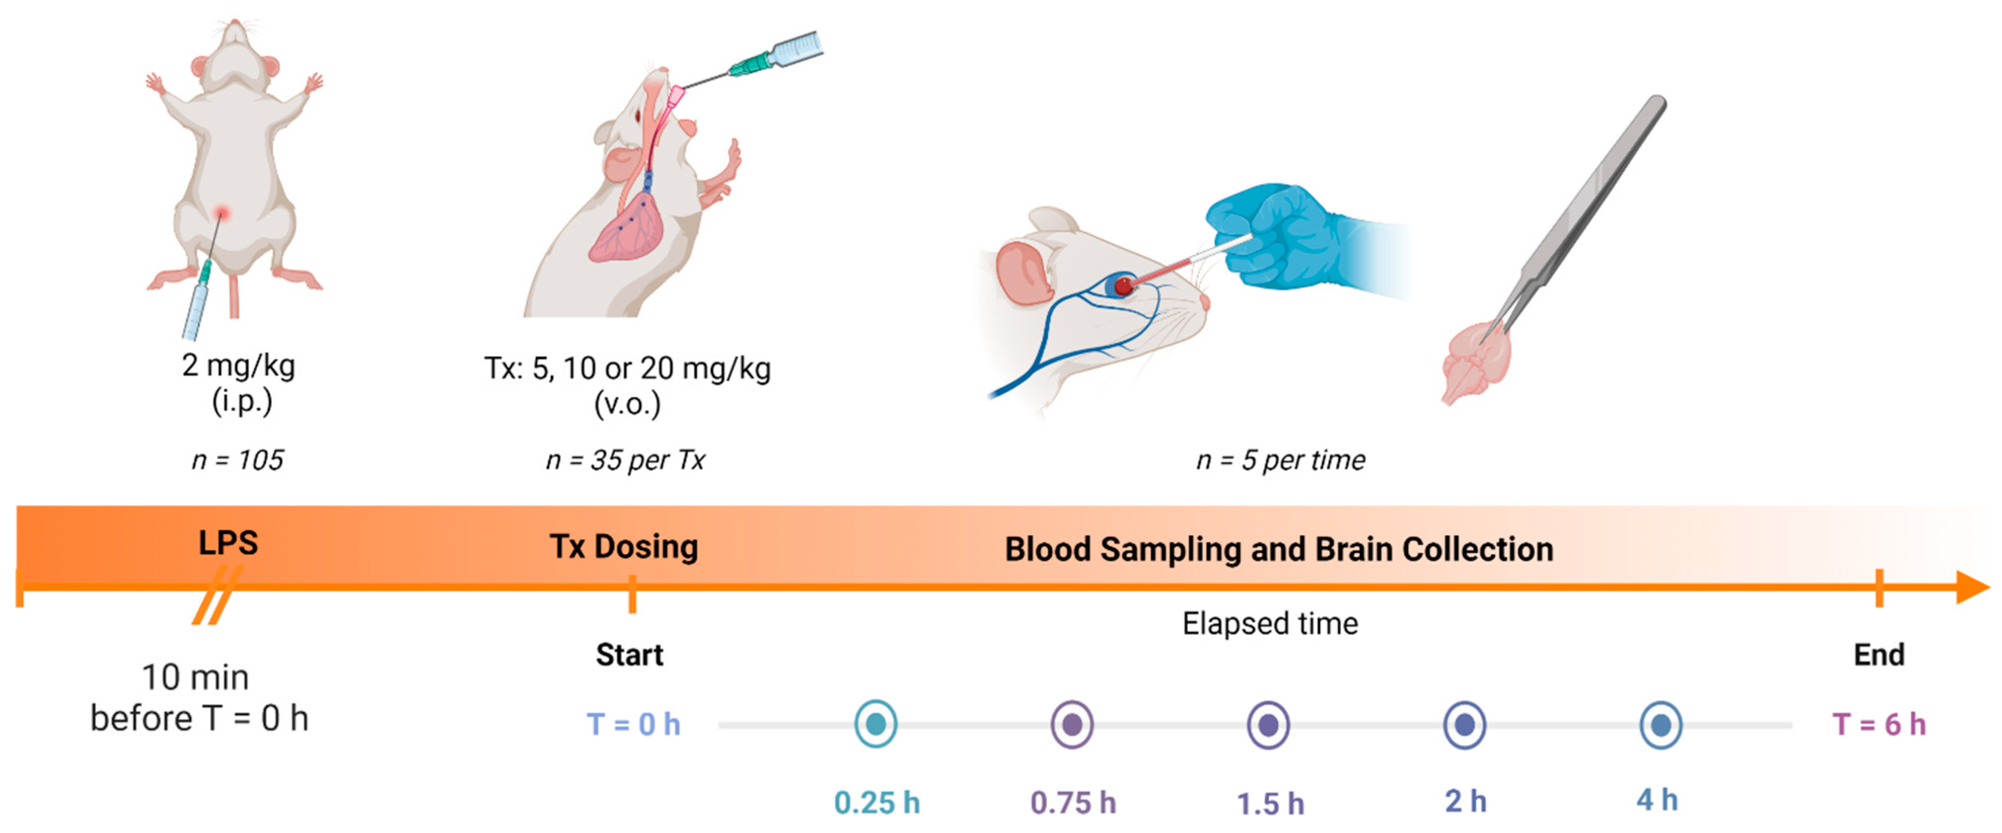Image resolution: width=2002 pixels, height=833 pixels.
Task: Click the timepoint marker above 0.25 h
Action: click(876, 724)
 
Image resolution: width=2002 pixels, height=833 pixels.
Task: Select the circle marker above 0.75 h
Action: click(1073, 724)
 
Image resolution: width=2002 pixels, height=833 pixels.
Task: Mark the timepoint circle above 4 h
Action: click(1661, 724)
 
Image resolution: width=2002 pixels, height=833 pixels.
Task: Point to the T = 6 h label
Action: click(1879, 724)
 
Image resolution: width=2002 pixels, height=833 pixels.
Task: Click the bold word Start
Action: click(629, 655)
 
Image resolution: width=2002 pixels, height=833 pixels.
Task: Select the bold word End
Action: click(1879, 655)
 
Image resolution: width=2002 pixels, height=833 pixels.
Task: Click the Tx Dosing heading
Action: click(624, 547)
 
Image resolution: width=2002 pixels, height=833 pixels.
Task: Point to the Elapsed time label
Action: click(1270, 624)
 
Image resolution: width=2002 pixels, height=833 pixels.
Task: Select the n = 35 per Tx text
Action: click(625, 460)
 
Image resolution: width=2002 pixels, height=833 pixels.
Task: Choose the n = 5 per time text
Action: click(1281, 460)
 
